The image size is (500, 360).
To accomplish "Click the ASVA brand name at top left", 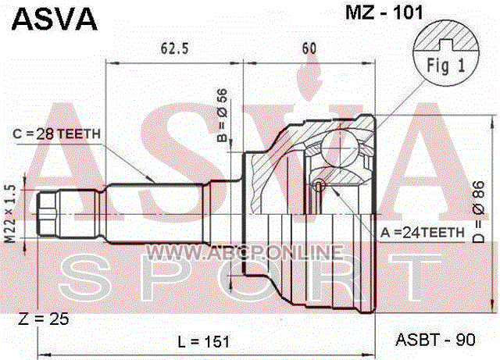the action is pyautogui.click(x=54, y=19).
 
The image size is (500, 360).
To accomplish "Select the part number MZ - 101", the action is pyautogui.click(x=384, y=12).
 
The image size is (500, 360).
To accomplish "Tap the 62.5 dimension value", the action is pyautogui.click(x=174, y=48).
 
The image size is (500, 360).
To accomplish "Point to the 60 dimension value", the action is pyautogui.click(x=309, y=48).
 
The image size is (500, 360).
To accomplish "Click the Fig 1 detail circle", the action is pyautogui.click(x=446, y=52).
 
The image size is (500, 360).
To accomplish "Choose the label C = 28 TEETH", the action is pyautogui.click(x=56, y=134).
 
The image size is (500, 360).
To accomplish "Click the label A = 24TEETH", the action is pyautogui.click(x=423, y=233).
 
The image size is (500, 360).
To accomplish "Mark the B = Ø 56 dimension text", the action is pyautogui.click(x=222, y=115).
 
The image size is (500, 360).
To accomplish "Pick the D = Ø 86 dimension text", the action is pyautogui.click(x=478, y=212).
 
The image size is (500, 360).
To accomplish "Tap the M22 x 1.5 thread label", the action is pyautogui.click(x=11, y=213).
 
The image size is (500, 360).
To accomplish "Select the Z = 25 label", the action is pyautogui.click(x=44, y=319).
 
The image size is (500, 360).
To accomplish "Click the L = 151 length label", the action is pyautogui.click(x=203, y=342).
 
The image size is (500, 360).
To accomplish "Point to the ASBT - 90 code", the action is pyautogui.click(x=436, y=340).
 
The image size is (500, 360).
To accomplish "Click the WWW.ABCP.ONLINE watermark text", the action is pyautogui.click(x=245, y=252).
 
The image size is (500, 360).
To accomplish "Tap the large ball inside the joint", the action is pyautogui.click(x=338, y=148).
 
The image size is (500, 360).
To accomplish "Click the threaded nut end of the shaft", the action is pyautogui.click(x=47, y=214).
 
